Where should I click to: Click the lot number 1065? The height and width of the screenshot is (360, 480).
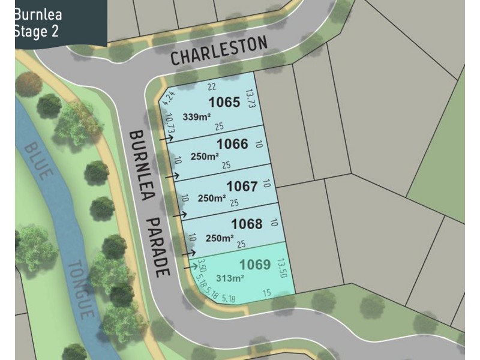[x=224, y=102]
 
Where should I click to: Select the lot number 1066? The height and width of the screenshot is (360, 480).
[x=232, y=144]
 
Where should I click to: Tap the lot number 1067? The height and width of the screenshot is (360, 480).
[x=241, y=186]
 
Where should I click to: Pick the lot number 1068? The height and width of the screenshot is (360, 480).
[x=247, y=224]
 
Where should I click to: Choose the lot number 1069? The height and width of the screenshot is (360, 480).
[x=255, y=265]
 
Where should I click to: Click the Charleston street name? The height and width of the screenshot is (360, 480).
[x=218, y=50]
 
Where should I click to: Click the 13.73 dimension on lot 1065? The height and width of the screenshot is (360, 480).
[x=250, y=100]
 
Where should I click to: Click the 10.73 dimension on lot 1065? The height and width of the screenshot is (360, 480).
[x=170, y=123]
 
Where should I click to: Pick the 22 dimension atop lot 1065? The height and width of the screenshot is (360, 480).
[x=211, y=87]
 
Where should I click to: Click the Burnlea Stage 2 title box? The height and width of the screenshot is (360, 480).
[x=54, y=23]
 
